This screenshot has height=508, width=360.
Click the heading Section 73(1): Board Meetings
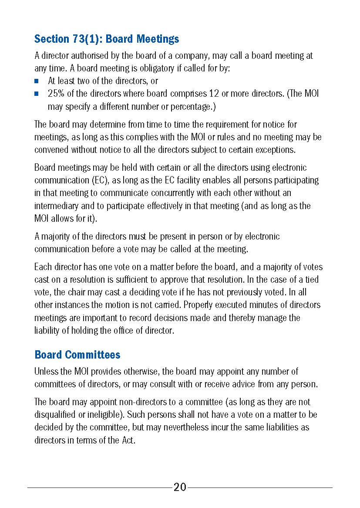coord(107,39)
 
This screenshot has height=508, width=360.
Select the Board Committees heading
coord(77,355)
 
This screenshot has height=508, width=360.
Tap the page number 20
coord(180,487)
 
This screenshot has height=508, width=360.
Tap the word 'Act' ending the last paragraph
coord(127,440)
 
